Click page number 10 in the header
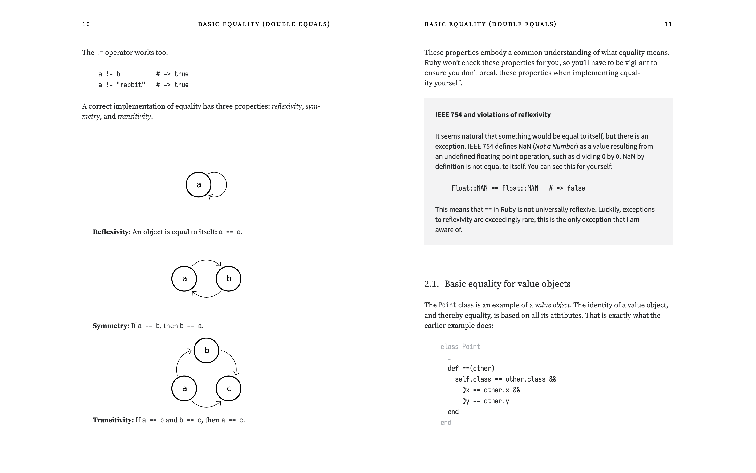86,24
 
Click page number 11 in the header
668,24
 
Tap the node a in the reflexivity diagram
199,185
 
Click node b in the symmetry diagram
229,278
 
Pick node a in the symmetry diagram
184,278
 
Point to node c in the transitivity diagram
229,388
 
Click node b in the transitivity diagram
207,350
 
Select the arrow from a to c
207,406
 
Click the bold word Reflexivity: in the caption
112,232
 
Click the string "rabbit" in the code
131,85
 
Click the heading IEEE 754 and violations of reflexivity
493,115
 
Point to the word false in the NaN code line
576,188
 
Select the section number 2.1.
431,284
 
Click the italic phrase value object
552,305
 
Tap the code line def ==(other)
471,368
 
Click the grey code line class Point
460,347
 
